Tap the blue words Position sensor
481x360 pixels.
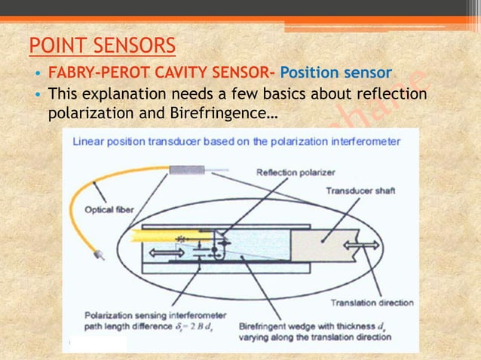[x=335, y=74]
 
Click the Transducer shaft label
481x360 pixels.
[x=360, y=191]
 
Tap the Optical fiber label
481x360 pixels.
[x=101, y=209]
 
